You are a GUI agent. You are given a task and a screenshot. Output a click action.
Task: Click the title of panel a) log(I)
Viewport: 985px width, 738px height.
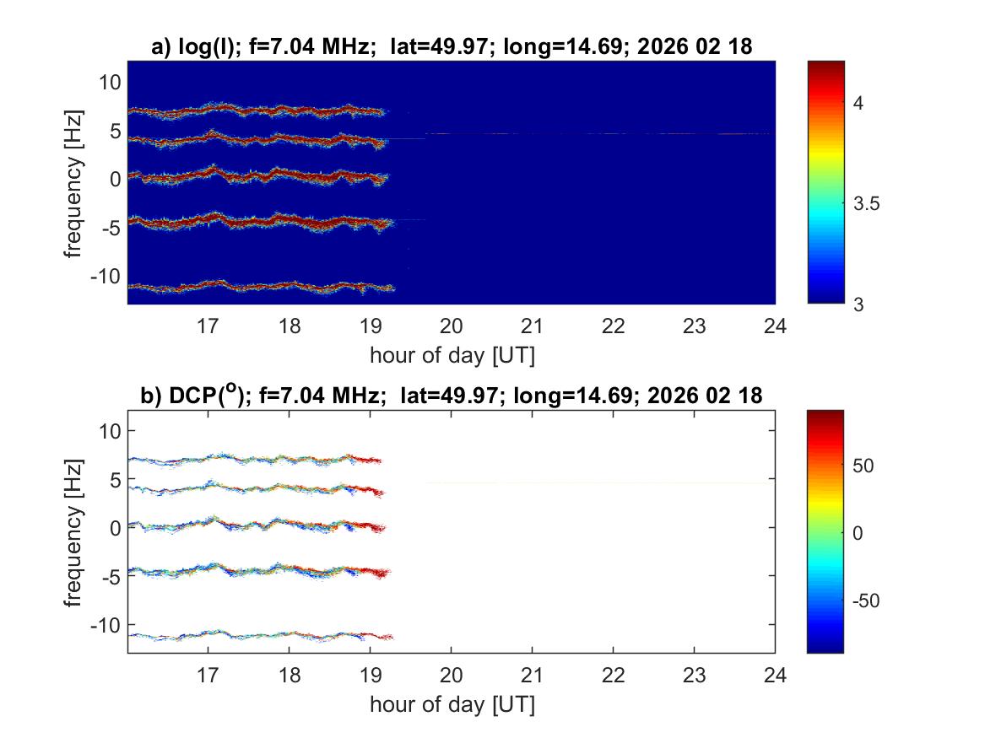pyautogui.click(x=451, y=48)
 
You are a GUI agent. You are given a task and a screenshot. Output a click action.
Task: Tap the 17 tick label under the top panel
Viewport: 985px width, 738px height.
pyautogui.click(x=208, y=326)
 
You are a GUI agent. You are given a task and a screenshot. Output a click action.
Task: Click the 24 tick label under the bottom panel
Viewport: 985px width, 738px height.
pyautogui.click(x=775, y=675)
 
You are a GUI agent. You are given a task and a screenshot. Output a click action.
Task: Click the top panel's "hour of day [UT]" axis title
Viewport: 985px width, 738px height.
pyautogui.click(x=452, y=355)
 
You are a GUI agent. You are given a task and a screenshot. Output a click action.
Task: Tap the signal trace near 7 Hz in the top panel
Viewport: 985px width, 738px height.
pyautogui.click(x=253, y=110)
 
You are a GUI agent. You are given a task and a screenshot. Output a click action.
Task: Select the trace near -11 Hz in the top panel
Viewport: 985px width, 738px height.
pyautogui.click(x=253, y=287)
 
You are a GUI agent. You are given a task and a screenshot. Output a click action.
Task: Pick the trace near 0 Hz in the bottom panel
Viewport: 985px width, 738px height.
pyautogui.click(x=253, y=525)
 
